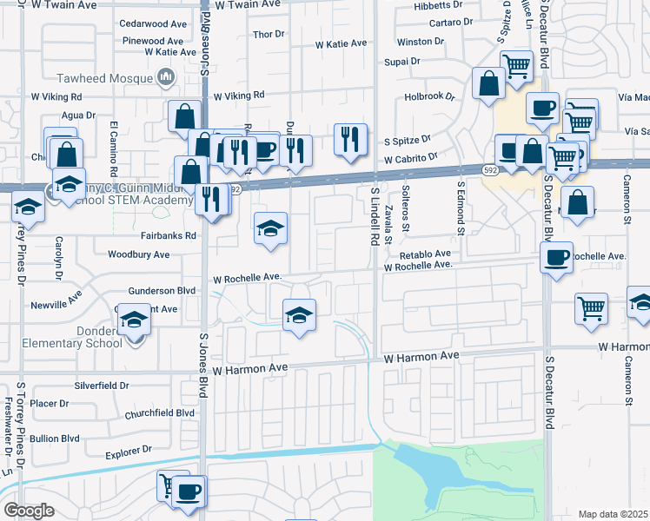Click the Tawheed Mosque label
point(104,78)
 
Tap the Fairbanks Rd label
point(169,235)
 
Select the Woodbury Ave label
point(138,254)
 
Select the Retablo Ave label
point(425,254)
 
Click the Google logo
point(29,510)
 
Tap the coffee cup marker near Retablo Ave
point(556,257)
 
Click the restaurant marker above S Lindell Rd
point(348,139)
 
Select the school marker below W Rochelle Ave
point(298,314)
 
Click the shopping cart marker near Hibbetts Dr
point(516,66)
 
